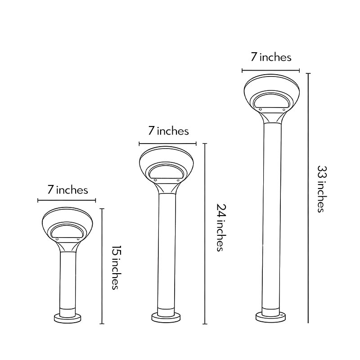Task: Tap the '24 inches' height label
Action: (x=220, y=227)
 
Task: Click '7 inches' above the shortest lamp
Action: (x=67, y=190)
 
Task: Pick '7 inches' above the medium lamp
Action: (x=168, y=131)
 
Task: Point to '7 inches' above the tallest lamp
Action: (x=271, y=57)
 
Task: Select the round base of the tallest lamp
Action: (x=271, y=316)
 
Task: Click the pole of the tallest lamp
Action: (x=271, y=216)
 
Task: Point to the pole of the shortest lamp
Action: (x=67, y=279)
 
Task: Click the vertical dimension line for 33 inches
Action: (x=308, y=198)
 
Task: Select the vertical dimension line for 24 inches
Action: (x=205, y=234)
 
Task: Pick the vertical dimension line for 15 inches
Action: (x=103, y=266)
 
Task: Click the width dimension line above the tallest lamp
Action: (x=271, y=70)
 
